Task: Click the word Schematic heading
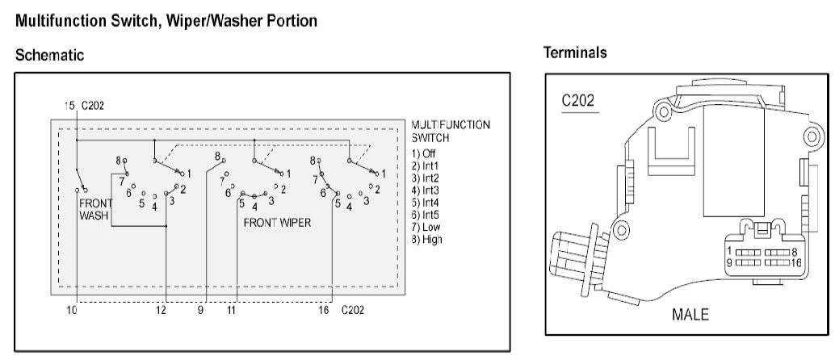coord(49,55)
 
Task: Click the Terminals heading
coord(575,52)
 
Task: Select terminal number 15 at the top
coord(69,106)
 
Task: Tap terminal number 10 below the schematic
coord(72,309)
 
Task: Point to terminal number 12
coord(162,309)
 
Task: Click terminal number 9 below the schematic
coord(200,309)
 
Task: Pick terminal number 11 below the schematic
coord(231,309)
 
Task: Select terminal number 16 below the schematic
coord(324,309)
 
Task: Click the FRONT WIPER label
coord(277,223)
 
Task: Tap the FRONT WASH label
coord(96,209)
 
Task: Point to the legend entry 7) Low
coord(426,228)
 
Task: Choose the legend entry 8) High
coord(426,239)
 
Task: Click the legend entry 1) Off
coord(423,154)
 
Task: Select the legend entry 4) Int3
coord(426,190)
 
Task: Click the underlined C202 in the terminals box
coord(577,101)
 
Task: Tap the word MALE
coord(690,314)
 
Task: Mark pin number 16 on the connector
coord(797,262)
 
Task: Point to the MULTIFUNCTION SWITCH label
coord(451,131)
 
